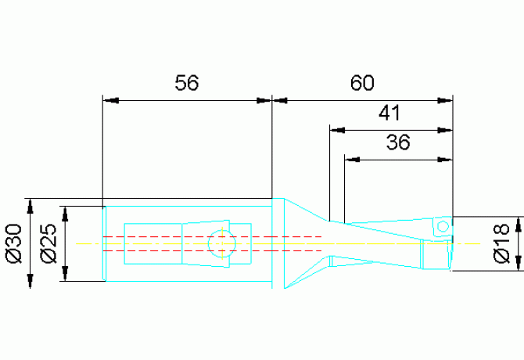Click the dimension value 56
point(186,82)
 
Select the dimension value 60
point(362,82)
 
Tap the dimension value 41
point(389,113)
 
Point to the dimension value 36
point(398,142)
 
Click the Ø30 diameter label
point(14,243)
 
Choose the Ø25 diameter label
point(48,243)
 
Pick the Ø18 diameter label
point(501,243)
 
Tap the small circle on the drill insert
point(443,227)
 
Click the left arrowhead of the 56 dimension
point(110,100)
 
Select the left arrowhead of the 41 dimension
point(337,130)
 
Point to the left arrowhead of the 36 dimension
point(352,160)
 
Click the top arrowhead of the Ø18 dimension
point(519,224)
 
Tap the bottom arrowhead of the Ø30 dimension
point(31,281)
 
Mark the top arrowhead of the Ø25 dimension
point(65,214)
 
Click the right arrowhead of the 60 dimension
point(445,100)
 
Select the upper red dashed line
point(212,236)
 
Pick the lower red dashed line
point(212,250)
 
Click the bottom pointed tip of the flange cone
point(285,288)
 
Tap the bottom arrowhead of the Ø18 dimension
point(519,263)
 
